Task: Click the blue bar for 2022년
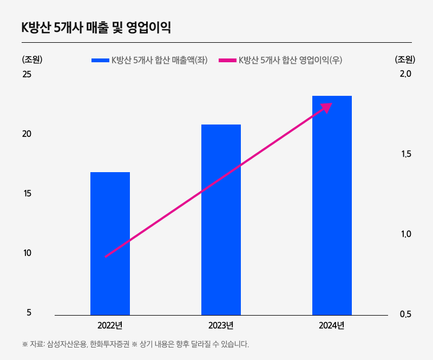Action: click(110, 244)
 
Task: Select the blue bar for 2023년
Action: click(221, 219)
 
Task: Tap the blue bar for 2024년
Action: click(332, 206)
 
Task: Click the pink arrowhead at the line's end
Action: click(326, 107)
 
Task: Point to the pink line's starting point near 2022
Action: click(106, 256)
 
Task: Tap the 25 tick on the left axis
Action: click(27, 74)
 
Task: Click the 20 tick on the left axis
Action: click(27, 134)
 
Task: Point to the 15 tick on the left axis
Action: click(27, 193)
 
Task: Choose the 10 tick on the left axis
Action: click(27, 253)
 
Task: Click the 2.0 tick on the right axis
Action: click(405, 74)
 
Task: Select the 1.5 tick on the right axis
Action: click(405, 154)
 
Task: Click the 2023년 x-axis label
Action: click(221, 325)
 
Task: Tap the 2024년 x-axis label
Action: click(332, 325)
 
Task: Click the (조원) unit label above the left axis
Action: click(31, 60)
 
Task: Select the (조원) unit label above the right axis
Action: click(405, 60)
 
